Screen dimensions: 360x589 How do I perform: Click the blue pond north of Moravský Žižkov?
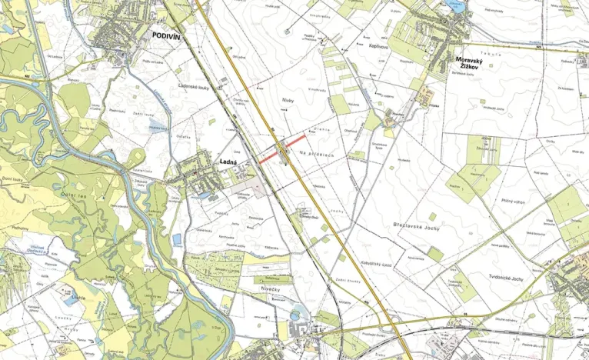(x=455, y=6)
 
